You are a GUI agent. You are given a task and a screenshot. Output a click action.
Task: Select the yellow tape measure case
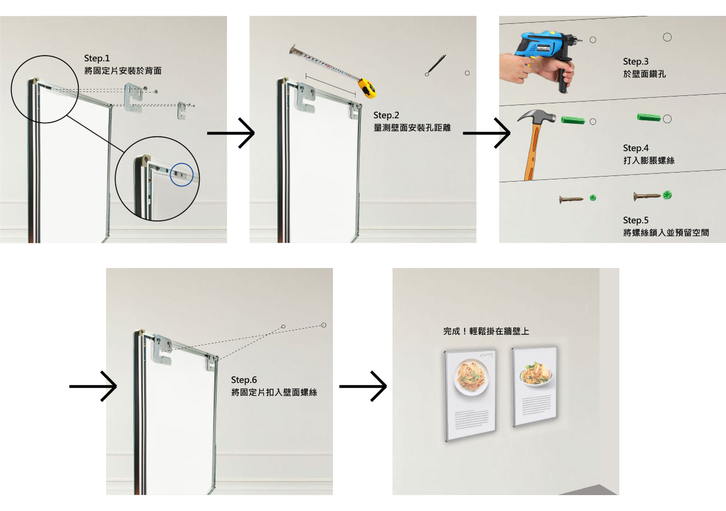click(368, 88)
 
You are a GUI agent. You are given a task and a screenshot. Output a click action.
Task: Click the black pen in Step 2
click(436, 65)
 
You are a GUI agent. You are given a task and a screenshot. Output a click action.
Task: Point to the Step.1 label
click(97, 58)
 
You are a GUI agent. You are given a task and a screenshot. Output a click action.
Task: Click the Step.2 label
click(386, 115)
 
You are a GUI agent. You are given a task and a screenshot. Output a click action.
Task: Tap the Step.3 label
click(636, 62)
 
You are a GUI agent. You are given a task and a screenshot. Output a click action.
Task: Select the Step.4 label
click(636, 148)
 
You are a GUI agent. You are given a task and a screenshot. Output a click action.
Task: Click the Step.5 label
click(636, 220)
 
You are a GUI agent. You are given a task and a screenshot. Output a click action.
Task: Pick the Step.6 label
click(244, 380)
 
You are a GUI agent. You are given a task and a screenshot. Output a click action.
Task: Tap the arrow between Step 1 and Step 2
click(231, 133)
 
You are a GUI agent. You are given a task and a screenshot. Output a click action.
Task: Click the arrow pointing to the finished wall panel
click(363, 387)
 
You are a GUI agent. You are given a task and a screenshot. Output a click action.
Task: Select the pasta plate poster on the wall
click(470, 395)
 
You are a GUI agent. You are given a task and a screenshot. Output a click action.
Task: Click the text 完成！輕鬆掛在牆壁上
click(486, 331)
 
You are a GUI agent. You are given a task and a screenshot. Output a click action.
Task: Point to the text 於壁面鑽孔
click(644, 74)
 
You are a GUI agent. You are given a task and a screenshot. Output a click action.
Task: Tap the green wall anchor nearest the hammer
click(573, 120)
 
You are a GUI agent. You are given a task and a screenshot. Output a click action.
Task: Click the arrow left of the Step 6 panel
click(93, 387)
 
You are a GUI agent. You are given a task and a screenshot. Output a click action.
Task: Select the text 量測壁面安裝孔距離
click(412, 128)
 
